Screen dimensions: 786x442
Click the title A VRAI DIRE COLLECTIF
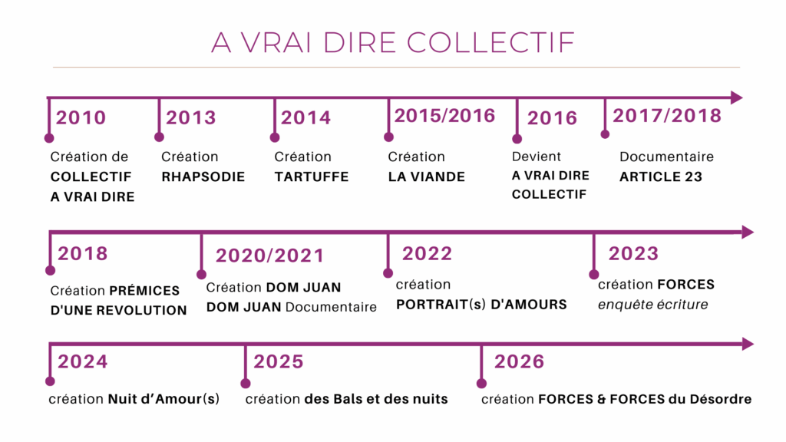point(392,43)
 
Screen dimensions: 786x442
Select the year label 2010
point(81,117)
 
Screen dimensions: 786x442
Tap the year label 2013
point(191,117)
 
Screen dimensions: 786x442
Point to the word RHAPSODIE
point(203,177)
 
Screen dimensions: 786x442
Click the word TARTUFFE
point(312,177)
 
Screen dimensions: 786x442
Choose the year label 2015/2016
point(444,116)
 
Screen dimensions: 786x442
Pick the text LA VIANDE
point(427,177)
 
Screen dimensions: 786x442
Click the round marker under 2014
point(275,137)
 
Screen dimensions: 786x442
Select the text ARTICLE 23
point(661,177)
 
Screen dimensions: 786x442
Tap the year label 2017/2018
point(667,116)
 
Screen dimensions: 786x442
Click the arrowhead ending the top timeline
point(736,97)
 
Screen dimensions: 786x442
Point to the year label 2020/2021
point(269,256)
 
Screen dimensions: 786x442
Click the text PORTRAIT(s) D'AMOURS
point(481,305)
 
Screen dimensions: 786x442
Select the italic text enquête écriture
point(652,305)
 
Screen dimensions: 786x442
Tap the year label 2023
point(633,253)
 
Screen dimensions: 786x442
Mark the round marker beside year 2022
point(388,273)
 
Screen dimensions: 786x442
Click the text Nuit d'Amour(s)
point(164,399)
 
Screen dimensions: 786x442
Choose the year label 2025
point(278,362)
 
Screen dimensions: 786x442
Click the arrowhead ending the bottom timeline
point(748,344)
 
